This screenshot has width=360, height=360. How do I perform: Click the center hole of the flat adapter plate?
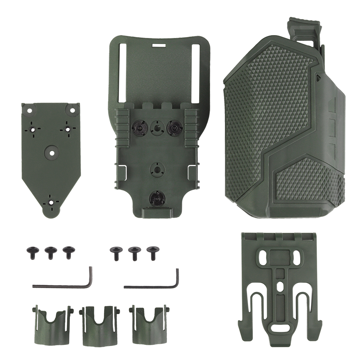coord(51,153)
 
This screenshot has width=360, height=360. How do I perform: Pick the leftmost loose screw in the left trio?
coord(31,252)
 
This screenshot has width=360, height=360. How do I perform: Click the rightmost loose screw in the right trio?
coord(153,252)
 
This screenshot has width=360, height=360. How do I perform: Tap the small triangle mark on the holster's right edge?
coord(318,77)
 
